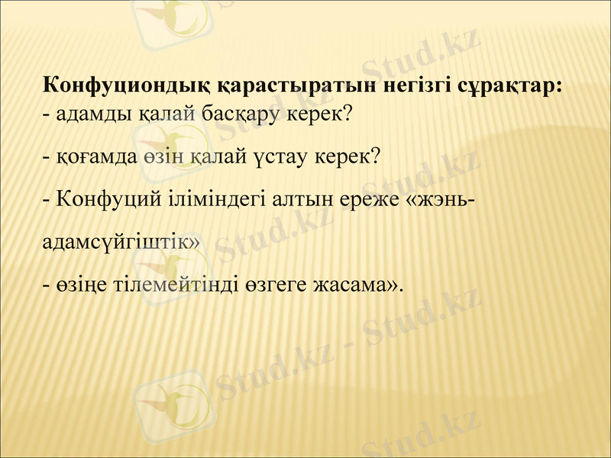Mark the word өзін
click(162, 157)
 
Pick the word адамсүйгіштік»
click(121, 242)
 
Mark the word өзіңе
click(79, 285)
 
